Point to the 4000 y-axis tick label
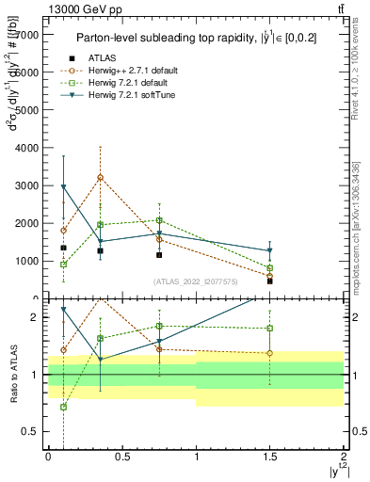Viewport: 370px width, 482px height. coord(26,148)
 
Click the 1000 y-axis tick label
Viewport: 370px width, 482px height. coord(26,262)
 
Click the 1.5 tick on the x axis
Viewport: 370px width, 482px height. coord(269,455)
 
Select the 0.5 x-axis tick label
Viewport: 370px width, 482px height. coord(121,455)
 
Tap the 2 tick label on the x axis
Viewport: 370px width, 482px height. coord(344,455)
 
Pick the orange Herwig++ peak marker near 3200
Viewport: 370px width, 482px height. coord(100,177)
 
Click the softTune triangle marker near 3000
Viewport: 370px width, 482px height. coord(63,187)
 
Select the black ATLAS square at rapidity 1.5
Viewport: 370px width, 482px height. coord(269,281)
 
